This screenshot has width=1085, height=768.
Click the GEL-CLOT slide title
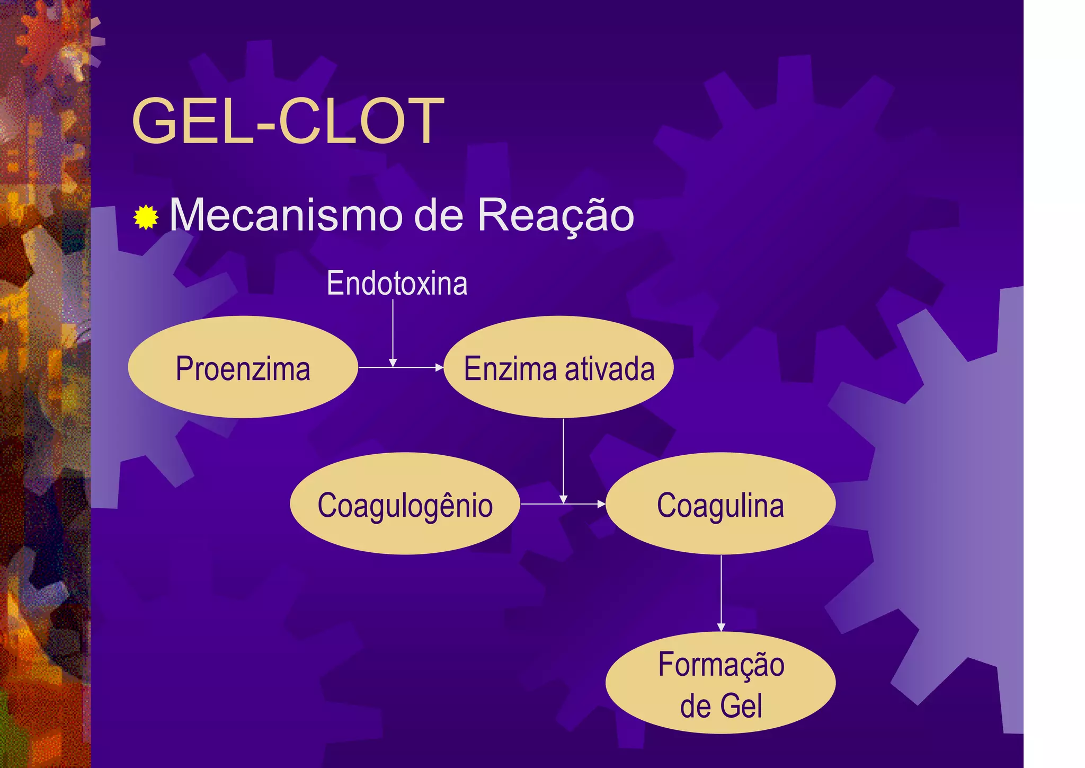(288, 121)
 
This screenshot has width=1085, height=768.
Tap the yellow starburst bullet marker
(146, 217)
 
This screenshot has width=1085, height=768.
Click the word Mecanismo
(286, 216)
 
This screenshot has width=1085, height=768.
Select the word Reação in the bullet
(555, 216)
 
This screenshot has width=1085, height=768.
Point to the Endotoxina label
(397, 283)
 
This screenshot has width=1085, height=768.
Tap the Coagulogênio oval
(405, 504)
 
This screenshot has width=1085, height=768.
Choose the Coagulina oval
(721, 504)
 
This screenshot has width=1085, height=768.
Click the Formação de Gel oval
(721, 684)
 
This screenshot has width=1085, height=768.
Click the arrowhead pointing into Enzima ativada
(439, 367)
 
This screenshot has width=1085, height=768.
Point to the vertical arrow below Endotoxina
(393, 331)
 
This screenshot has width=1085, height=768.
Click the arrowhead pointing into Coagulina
(601, 504)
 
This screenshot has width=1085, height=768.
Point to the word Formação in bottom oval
(721, 665)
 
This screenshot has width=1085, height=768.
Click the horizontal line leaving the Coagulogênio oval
(540, 504)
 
